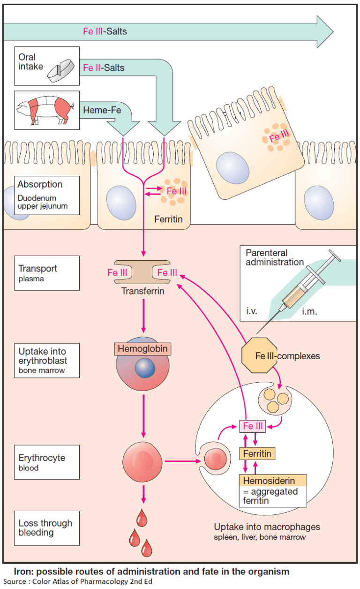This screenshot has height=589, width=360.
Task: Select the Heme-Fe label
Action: point(102,111)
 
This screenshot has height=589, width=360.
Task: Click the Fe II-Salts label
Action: point(104,68)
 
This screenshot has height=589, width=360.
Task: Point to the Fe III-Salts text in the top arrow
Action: point(105,32)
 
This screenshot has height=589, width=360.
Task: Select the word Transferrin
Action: point(144,291)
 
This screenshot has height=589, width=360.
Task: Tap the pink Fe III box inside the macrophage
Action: point(253,426)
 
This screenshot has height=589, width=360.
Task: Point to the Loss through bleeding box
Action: point(46,528)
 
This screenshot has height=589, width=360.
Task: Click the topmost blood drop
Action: point(142,519)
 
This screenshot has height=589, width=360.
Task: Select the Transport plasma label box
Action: point(46,272)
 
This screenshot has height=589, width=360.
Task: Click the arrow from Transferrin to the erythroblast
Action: point(143,314)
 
